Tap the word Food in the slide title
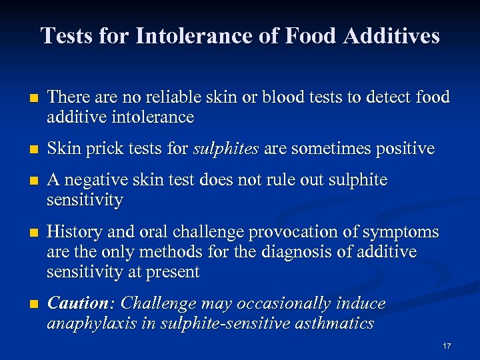tap(307, 35)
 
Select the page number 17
tap(447, 346)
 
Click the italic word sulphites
tap(227, 149)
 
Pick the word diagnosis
tap(318, 252)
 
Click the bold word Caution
tap(77, 304)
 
